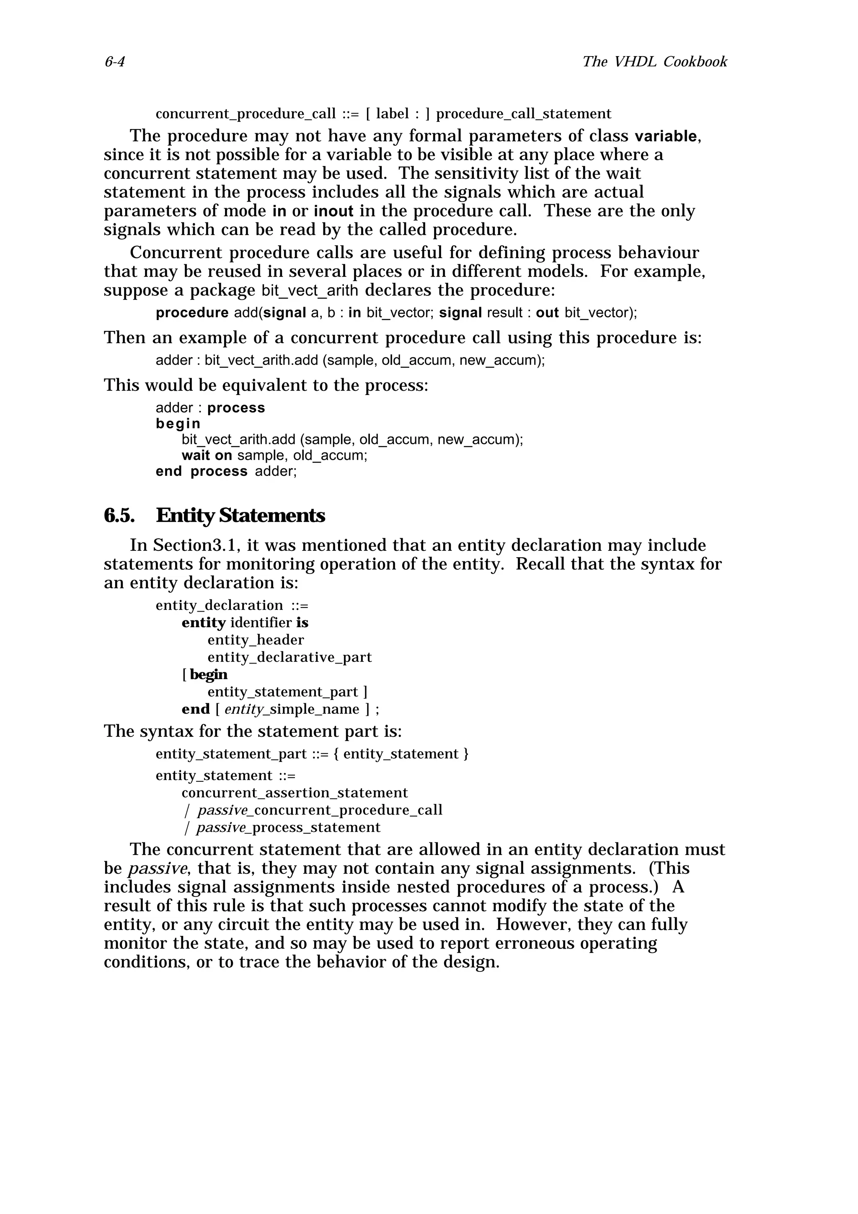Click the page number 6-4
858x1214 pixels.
click(114, 62)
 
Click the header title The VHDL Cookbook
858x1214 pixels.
click(654, 62)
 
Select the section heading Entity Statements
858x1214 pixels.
click(240, 516)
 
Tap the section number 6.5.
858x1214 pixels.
click(119, 516)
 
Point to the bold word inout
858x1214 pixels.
click(333, 212)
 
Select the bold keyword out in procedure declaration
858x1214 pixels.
click(547, 313)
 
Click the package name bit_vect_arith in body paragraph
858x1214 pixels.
click(310, 291)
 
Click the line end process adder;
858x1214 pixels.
click(226, 471)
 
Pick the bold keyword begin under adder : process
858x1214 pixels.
click(178, 424)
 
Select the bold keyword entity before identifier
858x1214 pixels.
click(204, 622)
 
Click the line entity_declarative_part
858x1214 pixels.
click(289, 657)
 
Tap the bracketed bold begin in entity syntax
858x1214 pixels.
click(208, 675)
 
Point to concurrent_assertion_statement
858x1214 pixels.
click(295, 793)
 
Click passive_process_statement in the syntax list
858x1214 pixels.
click(288, 827)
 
